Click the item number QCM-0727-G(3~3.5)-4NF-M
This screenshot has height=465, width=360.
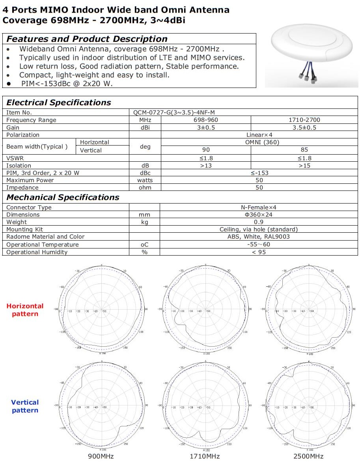(x=174, y=112)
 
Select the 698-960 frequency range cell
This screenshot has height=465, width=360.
(x=206, y=120)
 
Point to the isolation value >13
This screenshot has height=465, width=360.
(x=206, y=166)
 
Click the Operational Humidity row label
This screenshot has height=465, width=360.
(x=37, y=252)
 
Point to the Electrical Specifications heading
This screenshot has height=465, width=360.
(x=59, y=103)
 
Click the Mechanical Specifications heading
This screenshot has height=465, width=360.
(x=63, y=197)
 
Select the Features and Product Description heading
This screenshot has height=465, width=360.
(x=87, y=39)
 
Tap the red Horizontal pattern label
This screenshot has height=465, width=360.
(x=25, y=310)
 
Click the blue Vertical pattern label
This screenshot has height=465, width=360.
(x=25, y=406)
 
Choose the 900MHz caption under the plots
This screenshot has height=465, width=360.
(x=101, y=456)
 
